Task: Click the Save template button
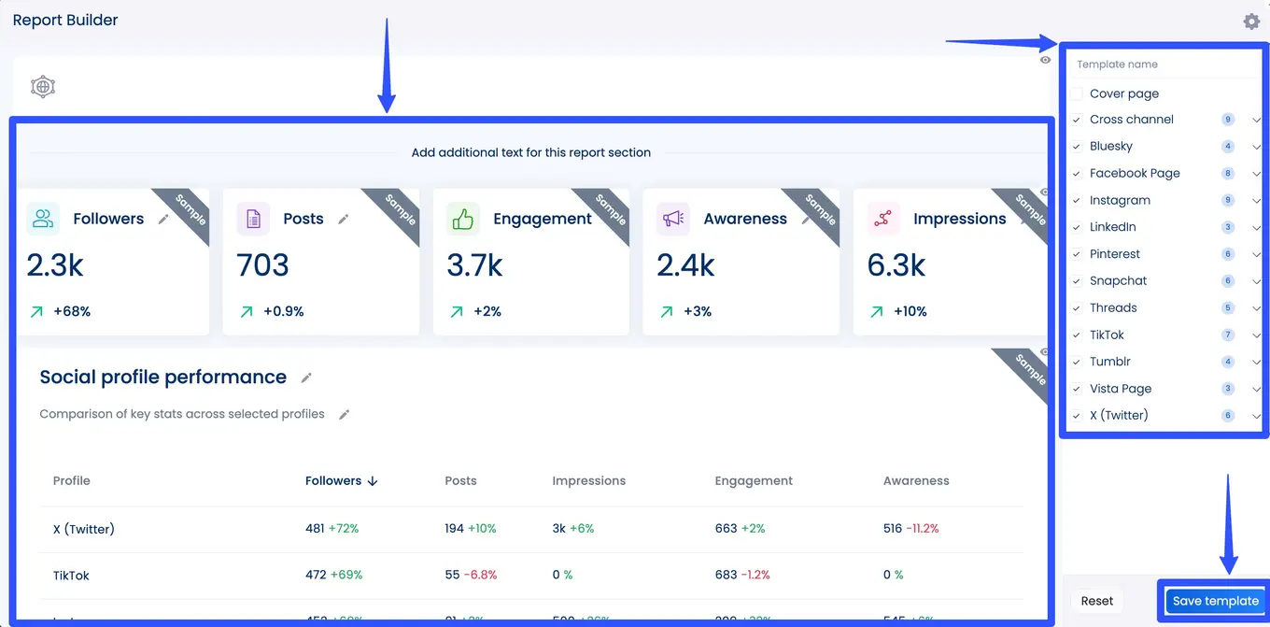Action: [1215, 601]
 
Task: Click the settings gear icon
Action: [1251, 21]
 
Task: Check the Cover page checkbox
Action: [1077, 93]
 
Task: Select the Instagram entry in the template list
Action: [1120, 200]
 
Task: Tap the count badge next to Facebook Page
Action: [1228, 173]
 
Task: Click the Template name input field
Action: [1163, 64]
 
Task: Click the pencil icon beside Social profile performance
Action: [306, 378]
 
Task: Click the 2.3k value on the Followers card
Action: [55, 265]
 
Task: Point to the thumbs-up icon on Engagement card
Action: [462, 219]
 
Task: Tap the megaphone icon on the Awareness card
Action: [672, 219]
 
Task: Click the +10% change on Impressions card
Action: [910, 311]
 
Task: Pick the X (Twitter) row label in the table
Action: [84, 529]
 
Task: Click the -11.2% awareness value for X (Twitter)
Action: [922, 529]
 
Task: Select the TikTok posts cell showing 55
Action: [453, 575]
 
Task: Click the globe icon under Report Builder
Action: [43, 87]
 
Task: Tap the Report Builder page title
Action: [65, 20]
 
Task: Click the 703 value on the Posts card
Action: [262, 265]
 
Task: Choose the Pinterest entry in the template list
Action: [1115, 253]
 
